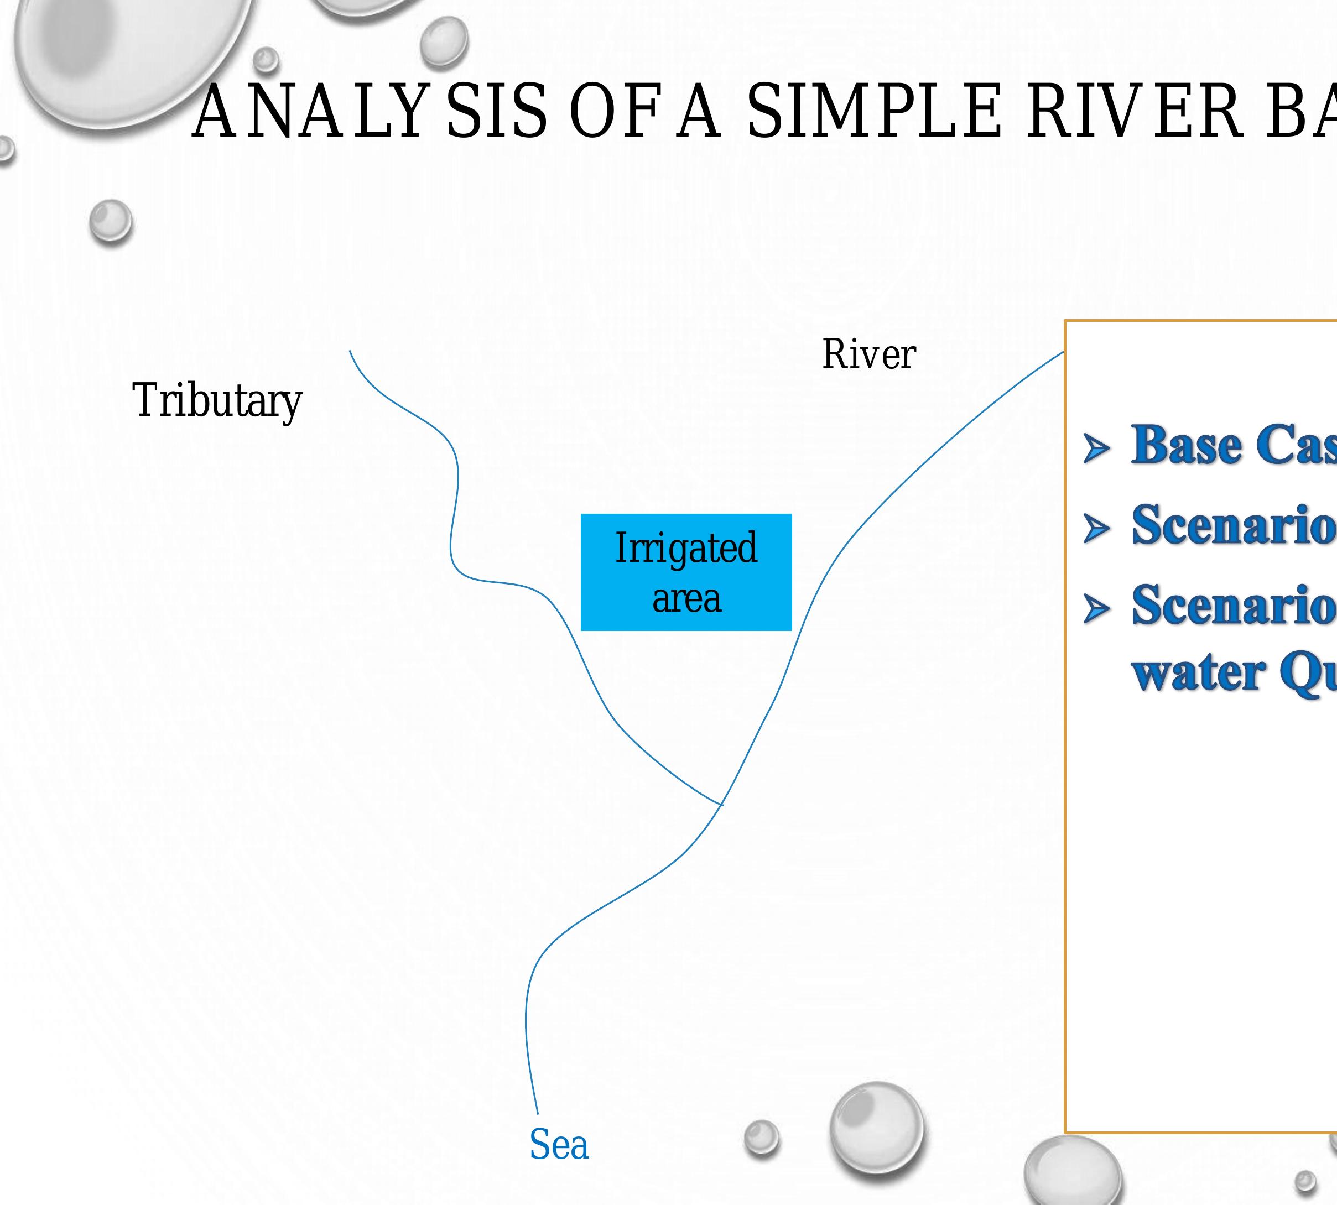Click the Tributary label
click(217, 400)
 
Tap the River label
click(869, 355)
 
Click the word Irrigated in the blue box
click(686, 548)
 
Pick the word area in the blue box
click(686, 599)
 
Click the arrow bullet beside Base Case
click(1096, 448)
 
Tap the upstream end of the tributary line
click(350, 352)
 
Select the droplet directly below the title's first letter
click(111, 221)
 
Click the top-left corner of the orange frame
click(1065, 321)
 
